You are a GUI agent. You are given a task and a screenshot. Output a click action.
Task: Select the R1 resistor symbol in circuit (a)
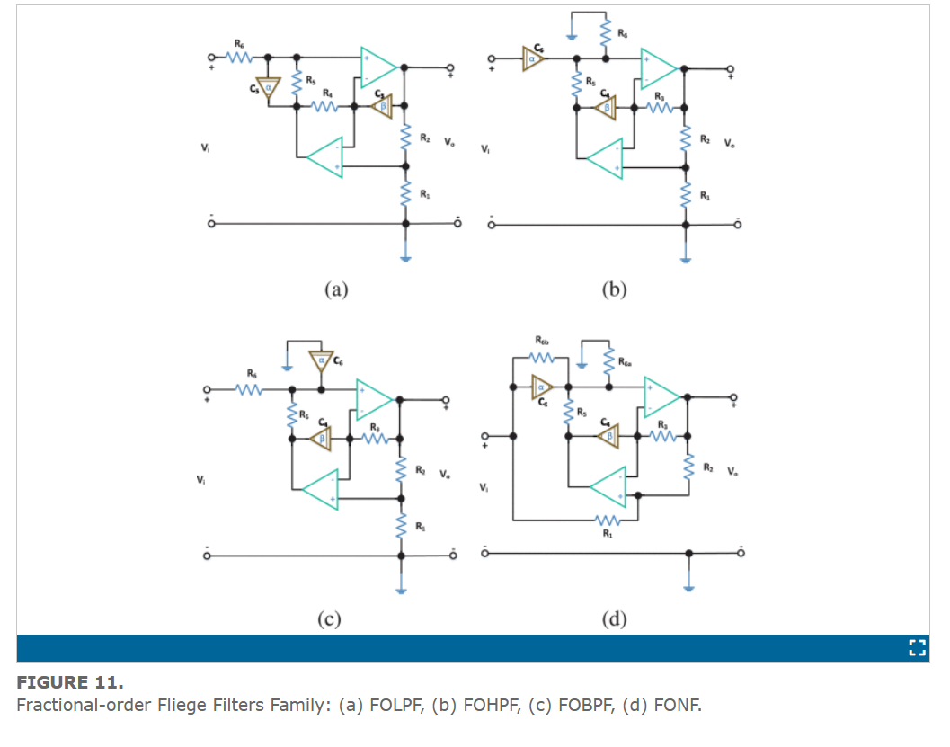pyautogui.click(x=405, y=193)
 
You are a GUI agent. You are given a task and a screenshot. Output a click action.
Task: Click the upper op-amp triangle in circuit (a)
pyautogui.click(x=377, y=66)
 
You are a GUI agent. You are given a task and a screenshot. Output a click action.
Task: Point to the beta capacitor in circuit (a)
pyautogui.click(x=383, y=107)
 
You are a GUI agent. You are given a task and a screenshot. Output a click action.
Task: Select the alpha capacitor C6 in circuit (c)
pyautogui.click(x=321, y=362)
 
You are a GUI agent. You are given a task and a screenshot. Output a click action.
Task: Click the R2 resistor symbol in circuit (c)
pyautogui.click(x=401, y=470)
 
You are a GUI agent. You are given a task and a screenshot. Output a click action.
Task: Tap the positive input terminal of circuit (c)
pyautogui.click(x=209, y=390)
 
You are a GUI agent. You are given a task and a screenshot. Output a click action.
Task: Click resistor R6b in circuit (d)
pyautogui.click(x=542, y=357)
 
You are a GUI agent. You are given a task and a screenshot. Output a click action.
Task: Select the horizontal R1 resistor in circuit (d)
pyautogui.click(x=608, y=520)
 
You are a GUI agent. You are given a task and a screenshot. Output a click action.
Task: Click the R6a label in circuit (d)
pyautogui.click(x=626, y=361)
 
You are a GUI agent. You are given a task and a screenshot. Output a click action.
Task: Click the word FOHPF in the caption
pyautogui.click(x=490, y=704)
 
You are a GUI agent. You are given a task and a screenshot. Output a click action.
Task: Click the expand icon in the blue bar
pyautogui.click(x=917, y=647)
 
